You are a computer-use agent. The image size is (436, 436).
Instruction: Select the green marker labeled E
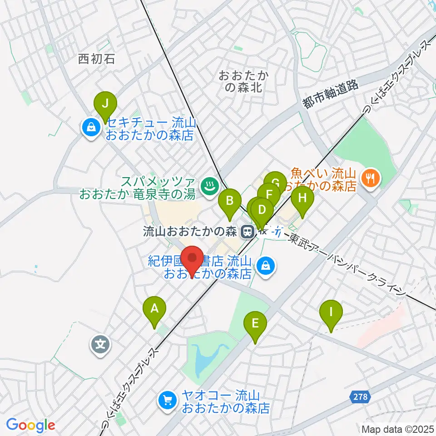coord(255,324)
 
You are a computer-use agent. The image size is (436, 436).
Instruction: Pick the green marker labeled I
coord(331,312)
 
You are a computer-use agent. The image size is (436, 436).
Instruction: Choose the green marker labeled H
coord(302,198)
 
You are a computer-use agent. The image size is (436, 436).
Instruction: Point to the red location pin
coord(192,260)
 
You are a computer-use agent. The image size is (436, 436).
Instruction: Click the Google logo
coord(30,425)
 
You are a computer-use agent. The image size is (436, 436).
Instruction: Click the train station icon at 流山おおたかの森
coord(248,232)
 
